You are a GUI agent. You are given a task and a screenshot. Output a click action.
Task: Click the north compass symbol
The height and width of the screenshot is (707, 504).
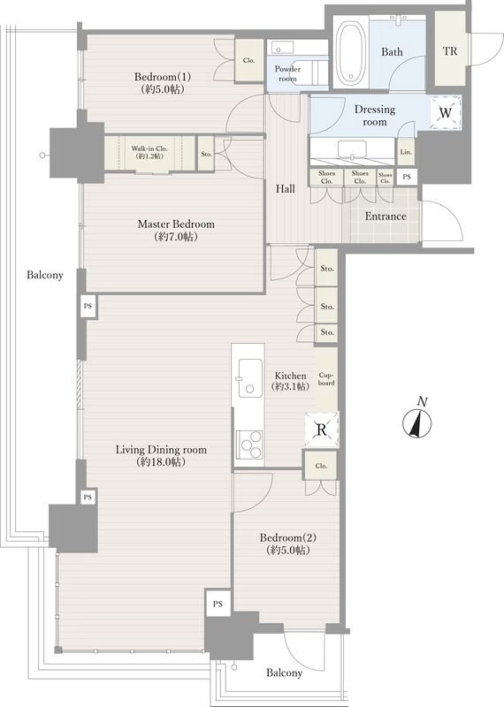click(x=416, y=423)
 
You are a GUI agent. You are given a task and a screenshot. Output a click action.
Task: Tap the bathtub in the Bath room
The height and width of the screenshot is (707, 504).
click(x=353, y=52)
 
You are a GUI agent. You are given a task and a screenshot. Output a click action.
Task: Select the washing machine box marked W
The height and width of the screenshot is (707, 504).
click(x=446, y=113)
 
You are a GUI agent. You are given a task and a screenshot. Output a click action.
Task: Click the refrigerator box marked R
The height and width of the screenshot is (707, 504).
click(x=321, y=430)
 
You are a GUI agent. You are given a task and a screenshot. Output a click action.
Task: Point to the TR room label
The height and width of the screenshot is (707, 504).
click(x=449, y=51)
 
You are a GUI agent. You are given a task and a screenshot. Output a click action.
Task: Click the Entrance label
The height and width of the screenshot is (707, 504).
click(x=386, y=217)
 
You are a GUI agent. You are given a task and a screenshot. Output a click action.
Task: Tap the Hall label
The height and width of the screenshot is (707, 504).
click(x=286, y=189)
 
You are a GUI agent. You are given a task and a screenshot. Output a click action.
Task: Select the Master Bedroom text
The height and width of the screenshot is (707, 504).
click(x=176, y=224)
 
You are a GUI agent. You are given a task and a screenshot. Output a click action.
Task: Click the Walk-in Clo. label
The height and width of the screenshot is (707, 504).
click(x=149, y=148)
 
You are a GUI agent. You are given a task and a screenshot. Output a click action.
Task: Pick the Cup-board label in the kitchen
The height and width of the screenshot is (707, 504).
click(x=326, y=379)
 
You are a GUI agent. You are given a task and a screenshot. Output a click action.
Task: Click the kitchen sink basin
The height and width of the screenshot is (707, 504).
click(x=250, y=378)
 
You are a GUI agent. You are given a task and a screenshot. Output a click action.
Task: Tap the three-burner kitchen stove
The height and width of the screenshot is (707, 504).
click(x=249, y=445)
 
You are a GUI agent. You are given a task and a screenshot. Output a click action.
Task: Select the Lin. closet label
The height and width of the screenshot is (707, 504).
click(x=406, y=152)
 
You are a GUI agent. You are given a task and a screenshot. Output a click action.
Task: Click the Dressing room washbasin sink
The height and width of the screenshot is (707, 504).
click(x=352, y=149)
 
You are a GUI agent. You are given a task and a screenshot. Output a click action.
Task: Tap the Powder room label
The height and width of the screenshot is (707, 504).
click(x=288, y=73)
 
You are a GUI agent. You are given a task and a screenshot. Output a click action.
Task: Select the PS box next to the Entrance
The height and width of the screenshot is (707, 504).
click(x=407, y=177)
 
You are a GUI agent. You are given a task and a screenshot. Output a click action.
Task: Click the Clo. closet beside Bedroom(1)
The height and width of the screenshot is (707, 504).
click(x=248, y=60)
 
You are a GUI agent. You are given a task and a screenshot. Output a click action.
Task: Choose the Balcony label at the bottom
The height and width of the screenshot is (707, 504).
click(x=284, y=673)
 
